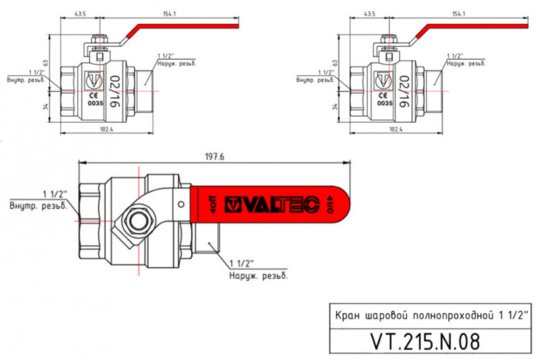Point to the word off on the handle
pos(212,205)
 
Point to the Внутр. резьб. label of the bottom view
pos(38,206)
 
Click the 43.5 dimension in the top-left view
pos(80,14)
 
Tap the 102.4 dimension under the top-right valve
pos(396,129)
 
